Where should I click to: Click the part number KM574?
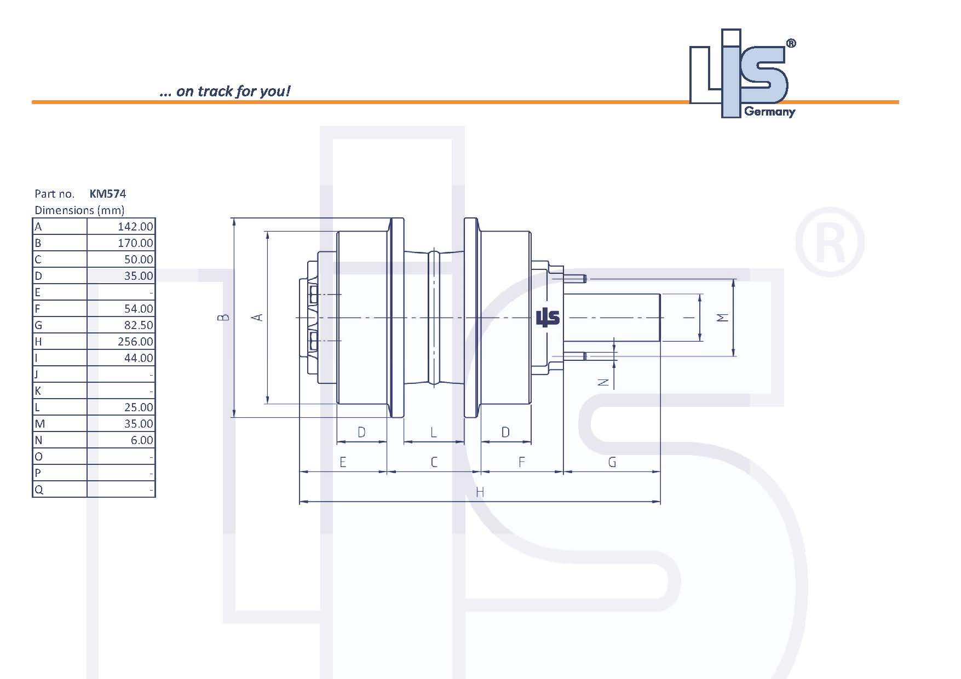pyautogui.click(x=108, y=193)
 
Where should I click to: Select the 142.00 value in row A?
pyautogui.click(x=135, y=227)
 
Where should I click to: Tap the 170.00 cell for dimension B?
pyautogui.click(x=135, y=243)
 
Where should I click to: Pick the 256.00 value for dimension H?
pyautogui.click(x=135, y=342)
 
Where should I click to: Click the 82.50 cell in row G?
pyautogui.click(x=139, y=325)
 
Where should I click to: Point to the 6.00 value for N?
pyautogui.click(x=142, y=440)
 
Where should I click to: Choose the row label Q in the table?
pyautogui.click(x=38, y=490)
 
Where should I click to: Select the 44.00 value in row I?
pyautogui.click(x=139, y=358)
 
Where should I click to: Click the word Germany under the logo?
pyautogui.click(x=769, y=112)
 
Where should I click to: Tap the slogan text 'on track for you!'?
pyautogui.click(x=233, y=91)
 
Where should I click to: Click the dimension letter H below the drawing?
pyautogui.click(x=480, y=492)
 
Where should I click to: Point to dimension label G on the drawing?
pyautogui.click(x=612, y=462)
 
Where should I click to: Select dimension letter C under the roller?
pyautogui.click(x=434, y=462)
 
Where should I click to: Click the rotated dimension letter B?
pyautogui.click(x=223, y=317)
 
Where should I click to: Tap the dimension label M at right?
pyautogui.click(x=723, y=318)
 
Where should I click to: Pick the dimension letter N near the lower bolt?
pyautogui.click(x=603, y=383)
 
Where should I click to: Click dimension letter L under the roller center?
pyautogui.click(x=434, y=433)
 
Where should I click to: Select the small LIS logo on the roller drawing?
pyautogui.click(x=548, y=317)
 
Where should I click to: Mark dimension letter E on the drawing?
pyautogui.click(x=343, y=462)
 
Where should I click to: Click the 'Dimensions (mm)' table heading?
pyautogui.click(x=79, y=210)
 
